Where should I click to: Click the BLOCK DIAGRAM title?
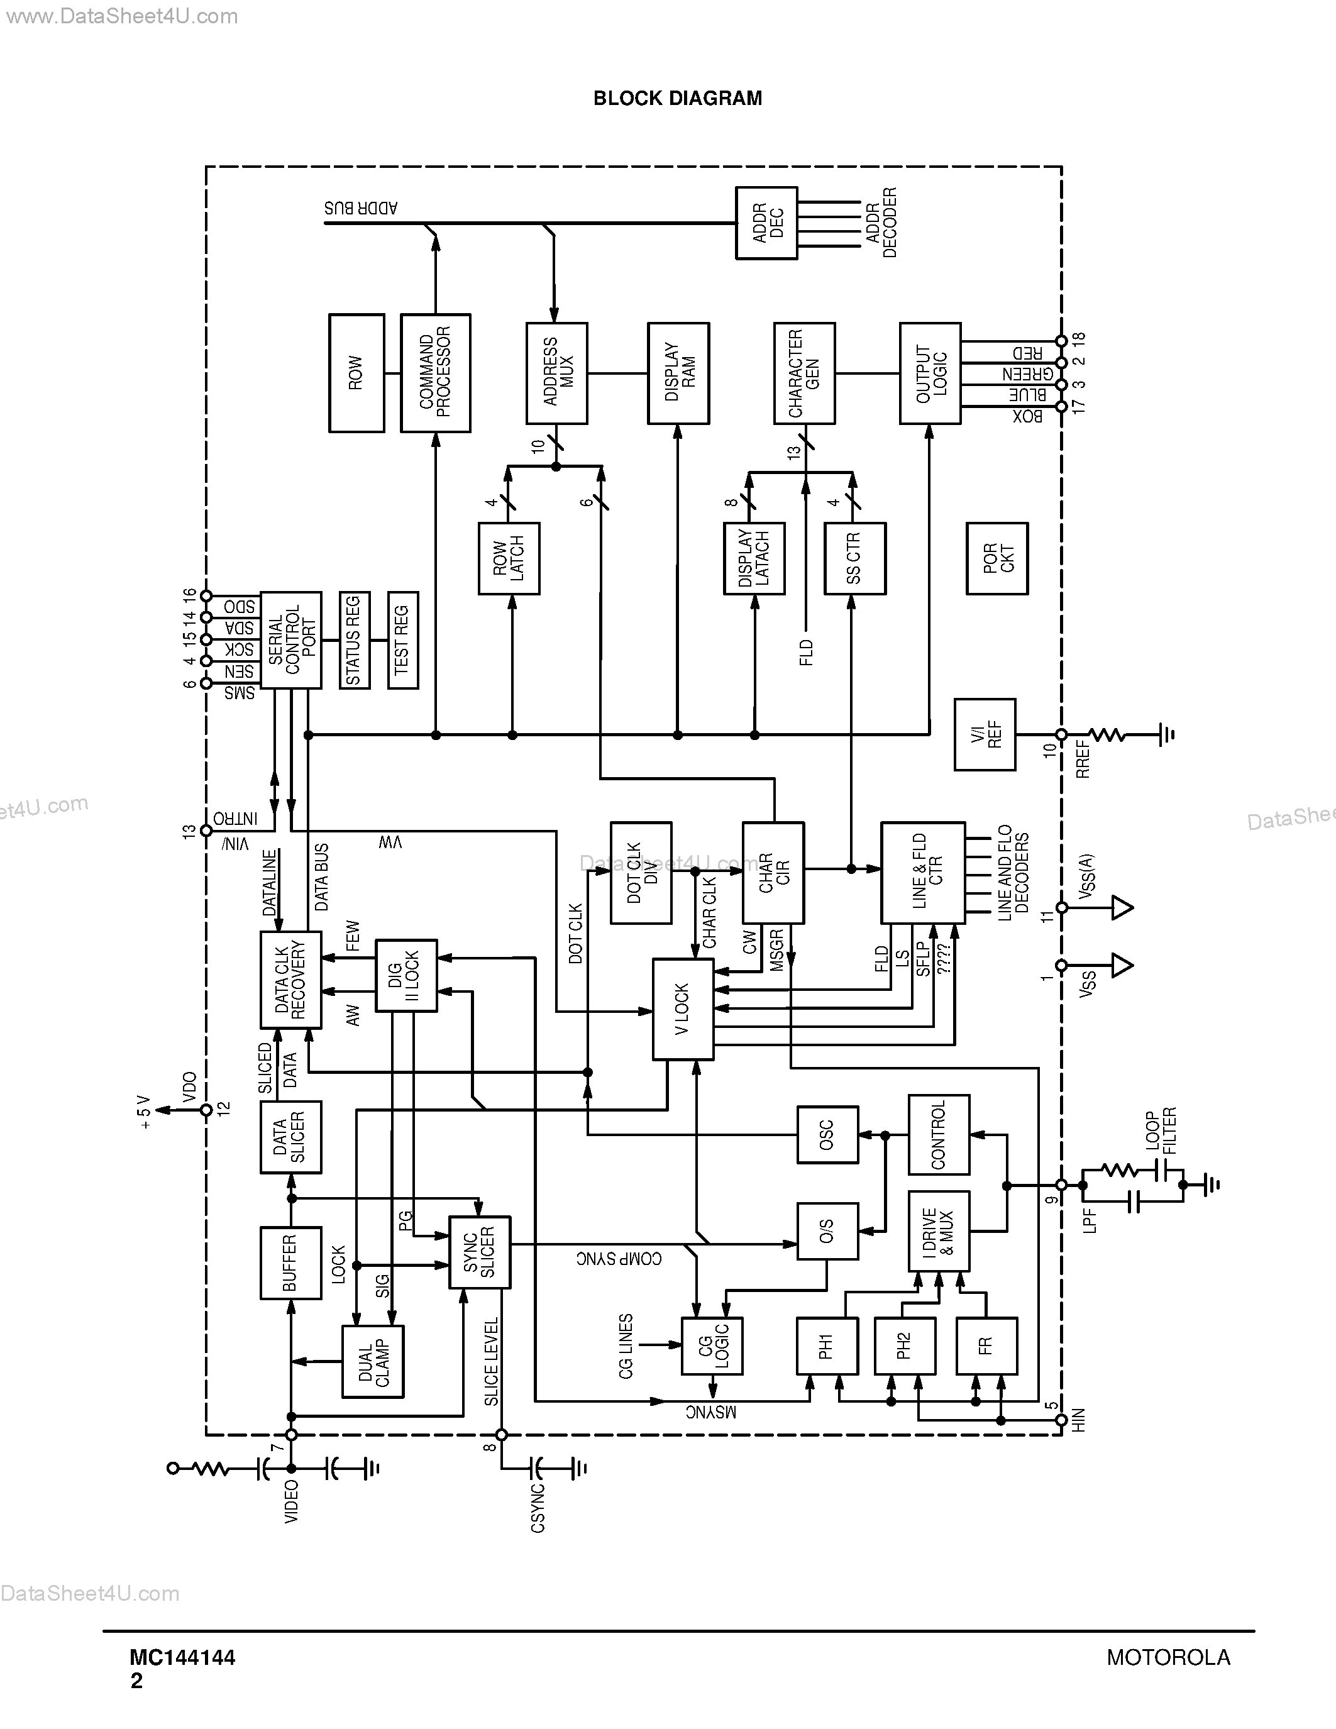coord(678,98)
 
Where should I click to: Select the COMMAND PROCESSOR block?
coord(435,373)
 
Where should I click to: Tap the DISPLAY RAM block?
coord(678,373)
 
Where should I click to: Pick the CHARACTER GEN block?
coord(804,373)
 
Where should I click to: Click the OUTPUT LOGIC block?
coord(930,373)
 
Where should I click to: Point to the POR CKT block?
coord(997,558)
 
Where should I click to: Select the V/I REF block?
coord(985,734)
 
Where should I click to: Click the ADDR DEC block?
coord(766,223)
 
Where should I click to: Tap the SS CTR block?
coord(855,558)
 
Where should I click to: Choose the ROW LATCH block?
coord(509,558)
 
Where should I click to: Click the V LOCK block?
coord(683,1009)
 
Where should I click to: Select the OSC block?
coord(827,1134)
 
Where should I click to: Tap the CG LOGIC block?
coord(712,1346)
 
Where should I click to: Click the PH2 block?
coord(905,1346)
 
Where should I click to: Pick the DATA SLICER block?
coord(290,1137)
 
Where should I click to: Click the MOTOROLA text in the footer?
coord(1168,1658)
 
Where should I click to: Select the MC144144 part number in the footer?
coord(183,1658)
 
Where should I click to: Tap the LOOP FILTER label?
coord(1161,1130)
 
